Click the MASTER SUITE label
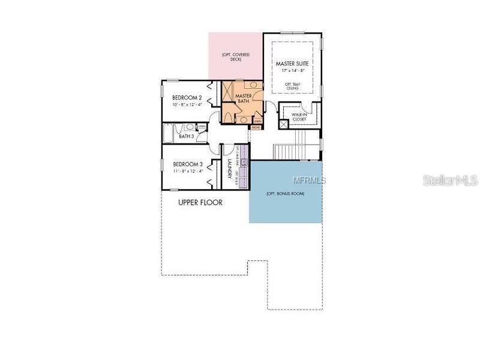292,63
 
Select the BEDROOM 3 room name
188,164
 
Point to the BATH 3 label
187,136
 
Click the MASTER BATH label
243,99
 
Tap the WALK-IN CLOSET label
299,116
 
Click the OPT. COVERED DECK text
235,58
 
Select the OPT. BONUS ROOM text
285,194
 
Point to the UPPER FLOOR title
200,203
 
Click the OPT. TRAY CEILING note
292,86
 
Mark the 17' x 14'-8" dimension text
292,71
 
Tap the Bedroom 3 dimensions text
188,171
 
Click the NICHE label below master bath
256,127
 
